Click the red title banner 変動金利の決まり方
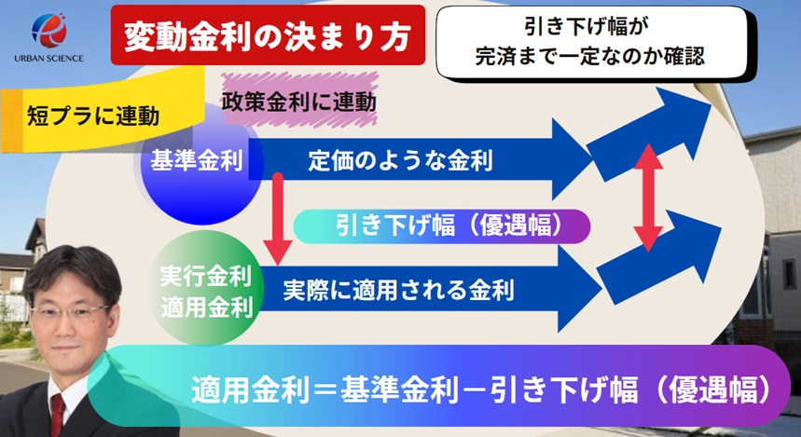(268, 35)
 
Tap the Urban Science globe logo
(49, 30)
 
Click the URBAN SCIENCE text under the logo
(49, 58)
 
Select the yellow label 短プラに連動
(93, 116)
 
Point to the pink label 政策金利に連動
(299, 101)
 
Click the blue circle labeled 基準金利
(200, 162)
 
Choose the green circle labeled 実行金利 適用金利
(206, 291)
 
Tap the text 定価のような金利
(401, 161)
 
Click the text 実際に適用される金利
(398, 290)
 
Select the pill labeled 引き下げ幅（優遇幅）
(442, 225)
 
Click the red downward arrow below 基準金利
(278, 219)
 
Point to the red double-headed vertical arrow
(648, 198)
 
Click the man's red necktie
(57, 415)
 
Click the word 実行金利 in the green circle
(206, 276)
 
